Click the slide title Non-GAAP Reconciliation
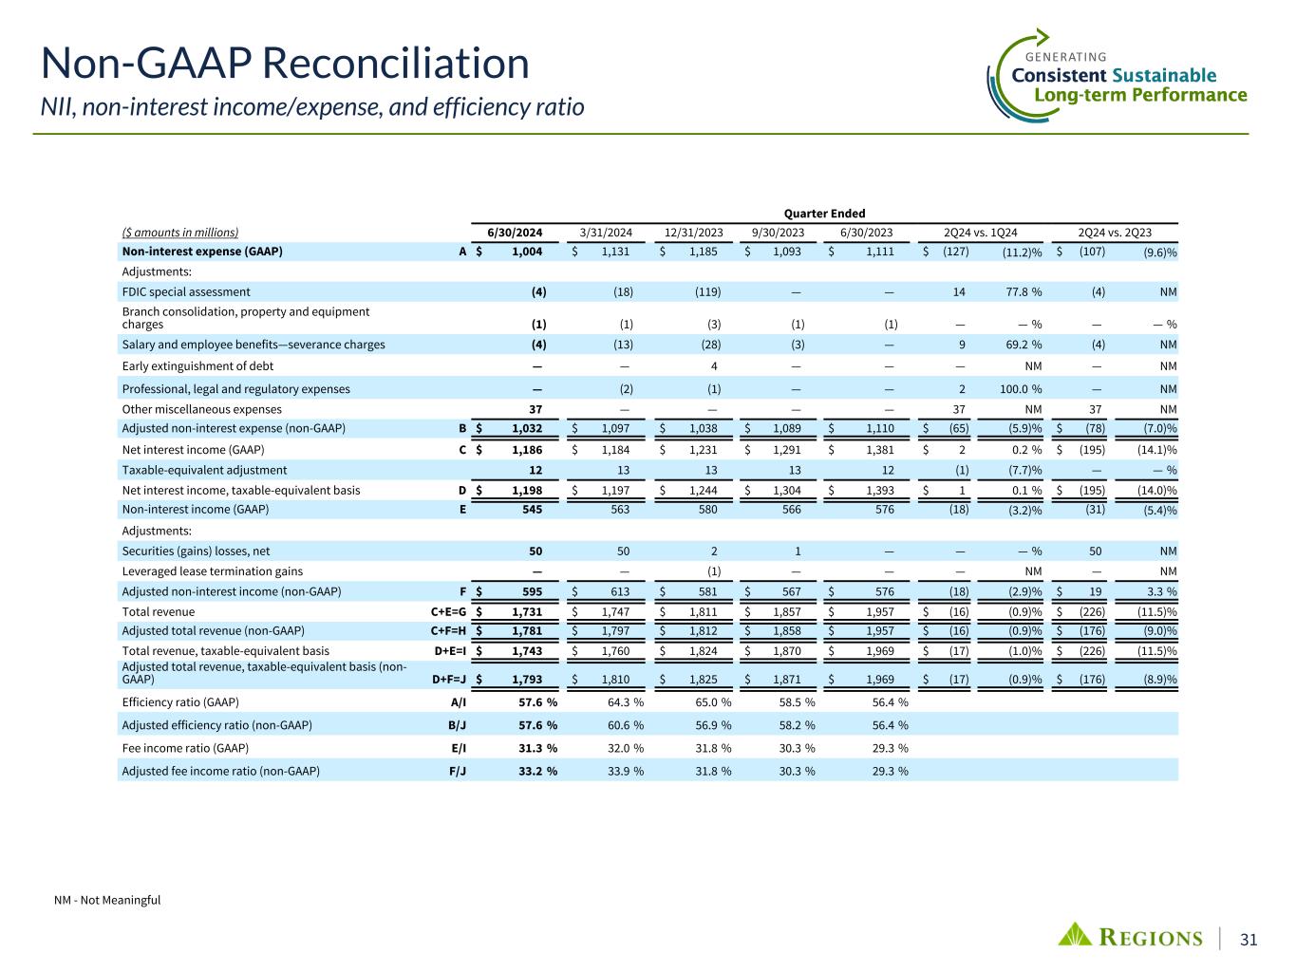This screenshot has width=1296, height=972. point(285,65)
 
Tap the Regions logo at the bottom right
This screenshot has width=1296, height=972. point(1131,937)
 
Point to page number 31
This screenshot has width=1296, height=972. point(1249,939)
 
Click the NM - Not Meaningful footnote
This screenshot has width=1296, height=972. point(107,900)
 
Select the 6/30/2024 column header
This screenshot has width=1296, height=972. point(515,232)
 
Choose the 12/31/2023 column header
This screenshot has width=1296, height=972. point(693,232)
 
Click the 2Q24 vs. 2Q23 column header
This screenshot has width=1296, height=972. point(1115,232)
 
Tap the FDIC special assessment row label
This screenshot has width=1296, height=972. point(186,292)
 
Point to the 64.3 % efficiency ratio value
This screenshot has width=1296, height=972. point(625,702)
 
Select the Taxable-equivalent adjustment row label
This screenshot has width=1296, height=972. point(204,470)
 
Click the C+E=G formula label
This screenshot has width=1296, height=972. point(442,612)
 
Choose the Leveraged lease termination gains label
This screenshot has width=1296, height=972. point(213,571)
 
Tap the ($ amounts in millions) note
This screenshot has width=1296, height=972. point(180,232)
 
